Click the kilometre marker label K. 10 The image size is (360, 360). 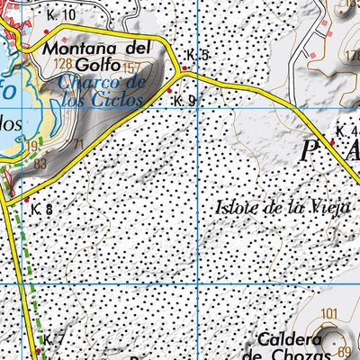point(62,15)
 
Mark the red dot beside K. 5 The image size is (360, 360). point(184,68)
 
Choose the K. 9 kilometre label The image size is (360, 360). point(184,101)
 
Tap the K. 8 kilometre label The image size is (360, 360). point(41,210)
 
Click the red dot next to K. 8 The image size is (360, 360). point(27,199)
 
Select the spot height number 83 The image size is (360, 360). point(40,164)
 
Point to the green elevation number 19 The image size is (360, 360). point(31,147)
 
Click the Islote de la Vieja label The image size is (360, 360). point(281,207)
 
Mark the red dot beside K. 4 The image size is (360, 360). point(332,141)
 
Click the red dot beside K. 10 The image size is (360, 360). point(46,31)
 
